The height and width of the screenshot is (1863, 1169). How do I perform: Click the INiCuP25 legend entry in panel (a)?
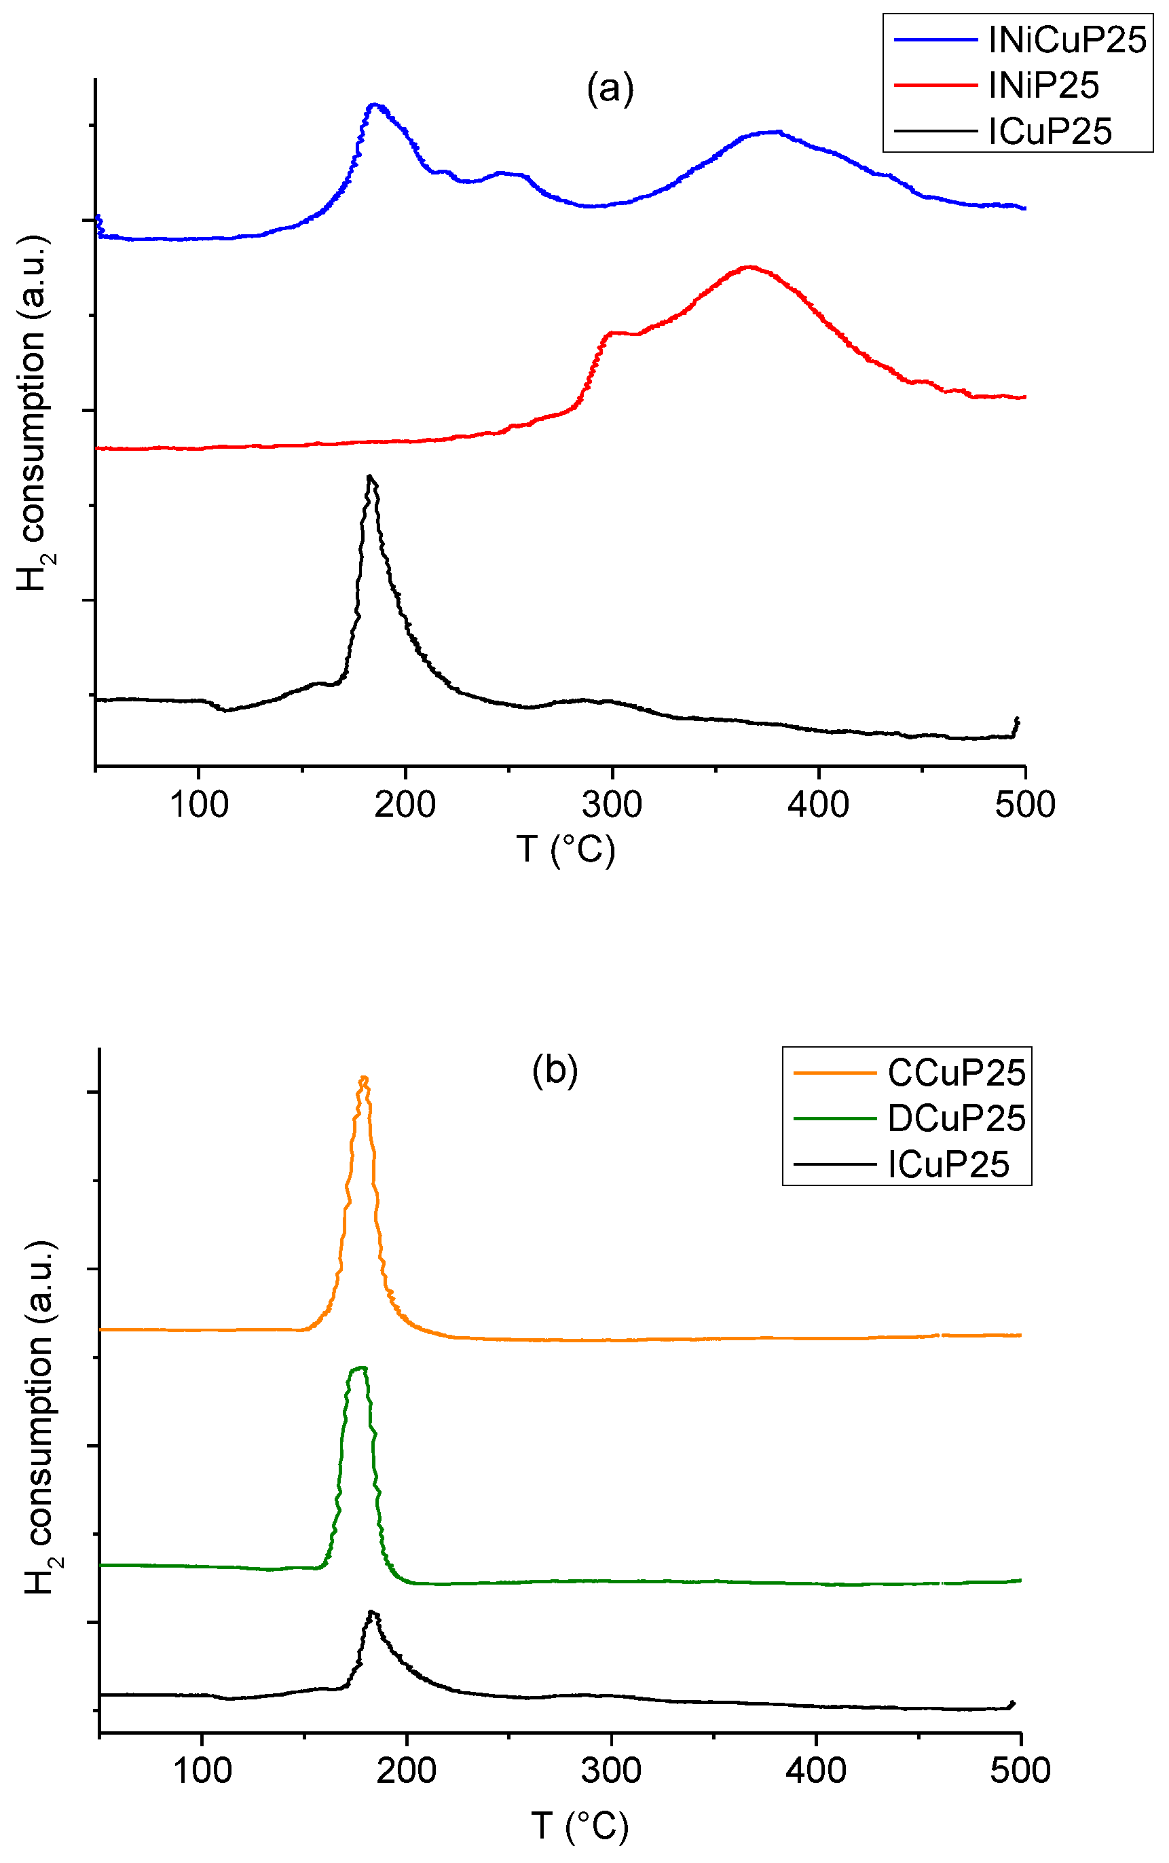1067,40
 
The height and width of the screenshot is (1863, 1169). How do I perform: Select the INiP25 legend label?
1044,86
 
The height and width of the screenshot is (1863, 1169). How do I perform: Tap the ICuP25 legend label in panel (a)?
1050,132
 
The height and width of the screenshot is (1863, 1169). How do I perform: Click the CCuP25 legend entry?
957,1073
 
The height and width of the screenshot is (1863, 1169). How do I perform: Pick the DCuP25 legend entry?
957,1119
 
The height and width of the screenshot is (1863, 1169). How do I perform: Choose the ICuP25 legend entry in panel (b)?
948,1164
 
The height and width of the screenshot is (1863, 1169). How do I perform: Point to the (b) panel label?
555,1071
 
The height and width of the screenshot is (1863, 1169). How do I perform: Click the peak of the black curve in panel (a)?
371,477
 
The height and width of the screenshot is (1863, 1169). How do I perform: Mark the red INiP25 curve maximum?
748,268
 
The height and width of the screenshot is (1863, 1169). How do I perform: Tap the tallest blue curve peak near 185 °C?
376,105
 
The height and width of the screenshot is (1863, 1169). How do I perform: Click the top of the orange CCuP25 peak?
363,1077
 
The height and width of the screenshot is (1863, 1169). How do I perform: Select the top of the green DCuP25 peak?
360,1368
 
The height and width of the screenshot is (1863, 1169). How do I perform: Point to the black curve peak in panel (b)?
373,1612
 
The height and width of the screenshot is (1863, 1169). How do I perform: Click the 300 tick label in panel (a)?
612,805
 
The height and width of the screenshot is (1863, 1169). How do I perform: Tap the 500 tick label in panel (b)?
1020,1770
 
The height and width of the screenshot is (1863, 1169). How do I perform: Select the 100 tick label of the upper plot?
199,805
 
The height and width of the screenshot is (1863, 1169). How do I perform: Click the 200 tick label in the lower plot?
407,1770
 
